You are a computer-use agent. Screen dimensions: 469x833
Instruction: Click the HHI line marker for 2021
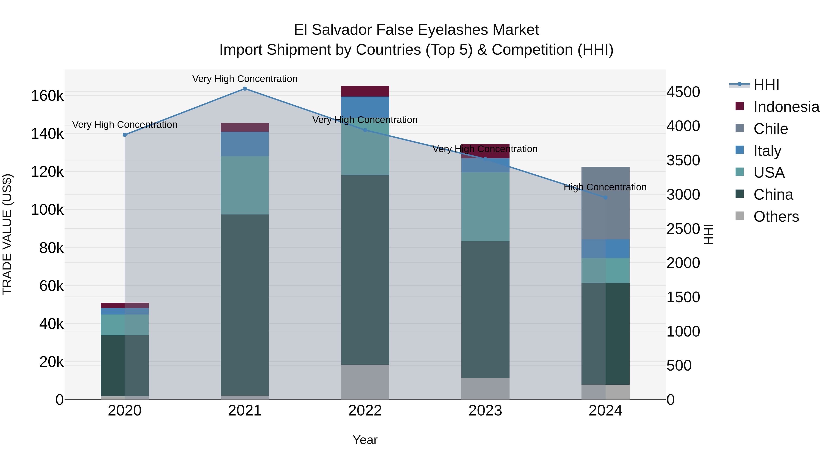click(x=245, y=89)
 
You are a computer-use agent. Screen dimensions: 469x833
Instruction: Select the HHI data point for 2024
click(x=605, y=197)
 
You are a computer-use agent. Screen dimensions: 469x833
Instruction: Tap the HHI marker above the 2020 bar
click(x=124, y=135)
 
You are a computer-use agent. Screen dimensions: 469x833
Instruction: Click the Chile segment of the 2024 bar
click(x=605, y=203)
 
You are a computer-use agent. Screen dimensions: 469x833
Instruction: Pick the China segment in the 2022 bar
click(x=365, y=270)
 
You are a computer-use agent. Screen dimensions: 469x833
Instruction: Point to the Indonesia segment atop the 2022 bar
click(x=365, y=91)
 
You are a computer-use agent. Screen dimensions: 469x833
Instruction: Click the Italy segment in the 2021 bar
click(x=245, y=144)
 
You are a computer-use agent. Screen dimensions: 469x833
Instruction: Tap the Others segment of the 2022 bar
click(x=365, y=382)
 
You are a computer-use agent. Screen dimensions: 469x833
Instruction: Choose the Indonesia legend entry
click(x=786, y=107)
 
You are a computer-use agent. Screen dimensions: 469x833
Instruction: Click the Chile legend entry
click(x=770, y=129)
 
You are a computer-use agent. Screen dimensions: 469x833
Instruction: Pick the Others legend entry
click(x=776, y=217)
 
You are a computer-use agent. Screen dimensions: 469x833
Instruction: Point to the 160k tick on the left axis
click(x=47, y=96)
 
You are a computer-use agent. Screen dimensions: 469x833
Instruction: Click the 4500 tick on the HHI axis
click(x=683, y=92)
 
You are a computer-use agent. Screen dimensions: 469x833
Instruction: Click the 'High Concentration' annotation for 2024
click(x=605, y=187)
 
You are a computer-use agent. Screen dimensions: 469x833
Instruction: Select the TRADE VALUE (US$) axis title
click(x=7, y=234)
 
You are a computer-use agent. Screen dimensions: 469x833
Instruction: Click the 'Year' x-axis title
click(x=365, y=440)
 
